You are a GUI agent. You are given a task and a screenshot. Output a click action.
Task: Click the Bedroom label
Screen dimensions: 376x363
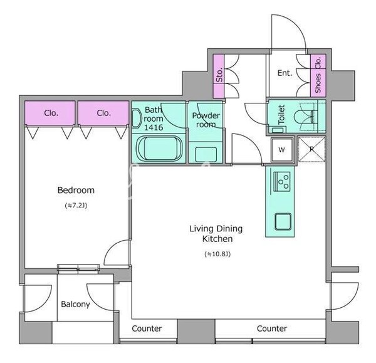pyautogui.click(x=76, y=190)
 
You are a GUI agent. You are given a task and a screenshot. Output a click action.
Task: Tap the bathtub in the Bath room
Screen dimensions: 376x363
pyautogui.click(x=159, y=149)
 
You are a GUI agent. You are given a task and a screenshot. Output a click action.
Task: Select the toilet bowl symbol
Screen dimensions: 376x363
pyautogui.click(x=304, y=117)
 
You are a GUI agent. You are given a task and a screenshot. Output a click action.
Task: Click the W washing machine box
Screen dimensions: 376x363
pyautogui.click(x=282, y=150)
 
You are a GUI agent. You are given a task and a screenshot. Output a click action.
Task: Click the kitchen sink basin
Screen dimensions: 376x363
pyautogui.click(x=283, y=222)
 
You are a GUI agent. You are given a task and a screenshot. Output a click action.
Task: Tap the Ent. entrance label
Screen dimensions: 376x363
pyautogui.click(x=285, y=73)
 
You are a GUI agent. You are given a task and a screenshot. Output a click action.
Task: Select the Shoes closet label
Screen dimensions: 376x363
pyautogui.click(x=318, y=83)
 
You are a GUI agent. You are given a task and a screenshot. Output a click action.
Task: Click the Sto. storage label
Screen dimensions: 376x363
pyautogui.click(x=219, y=75)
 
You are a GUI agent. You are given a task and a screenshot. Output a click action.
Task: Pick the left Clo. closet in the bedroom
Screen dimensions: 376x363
pyautogui.click(x=51, y=113)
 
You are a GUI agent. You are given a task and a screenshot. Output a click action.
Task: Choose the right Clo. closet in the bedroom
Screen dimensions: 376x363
pyautogui.click(x=103, y=113)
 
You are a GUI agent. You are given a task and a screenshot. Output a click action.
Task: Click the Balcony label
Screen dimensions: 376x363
pyautogui.click(x=76, y=304)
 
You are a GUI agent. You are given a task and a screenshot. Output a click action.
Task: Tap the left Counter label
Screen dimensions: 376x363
pyautogui.click(x=147, y=329)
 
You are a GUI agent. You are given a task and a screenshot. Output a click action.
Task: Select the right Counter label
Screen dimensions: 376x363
pyautogui.click(x=272, y=329)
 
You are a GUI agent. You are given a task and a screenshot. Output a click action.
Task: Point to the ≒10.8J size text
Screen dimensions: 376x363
pyautogui.click(x=217, y=254)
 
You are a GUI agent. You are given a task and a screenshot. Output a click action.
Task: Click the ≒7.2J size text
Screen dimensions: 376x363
pyautogui.click(x=76, y=206)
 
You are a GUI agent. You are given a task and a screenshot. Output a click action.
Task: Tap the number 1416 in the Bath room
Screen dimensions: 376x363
pyautogui.click(x=154, y=128)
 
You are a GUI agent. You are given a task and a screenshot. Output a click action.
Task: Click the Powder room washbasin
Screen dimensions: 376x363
pyautogui.click(x=206, y=155)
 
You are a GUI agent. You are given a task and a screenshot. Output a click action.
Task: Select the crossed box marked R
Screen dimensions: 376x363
pyautogui.click(x=311, y=149)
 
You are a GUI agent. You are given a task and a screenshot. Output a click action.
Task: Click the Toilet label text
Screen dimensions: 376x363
pyautogui.click(x=281, y=115)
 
